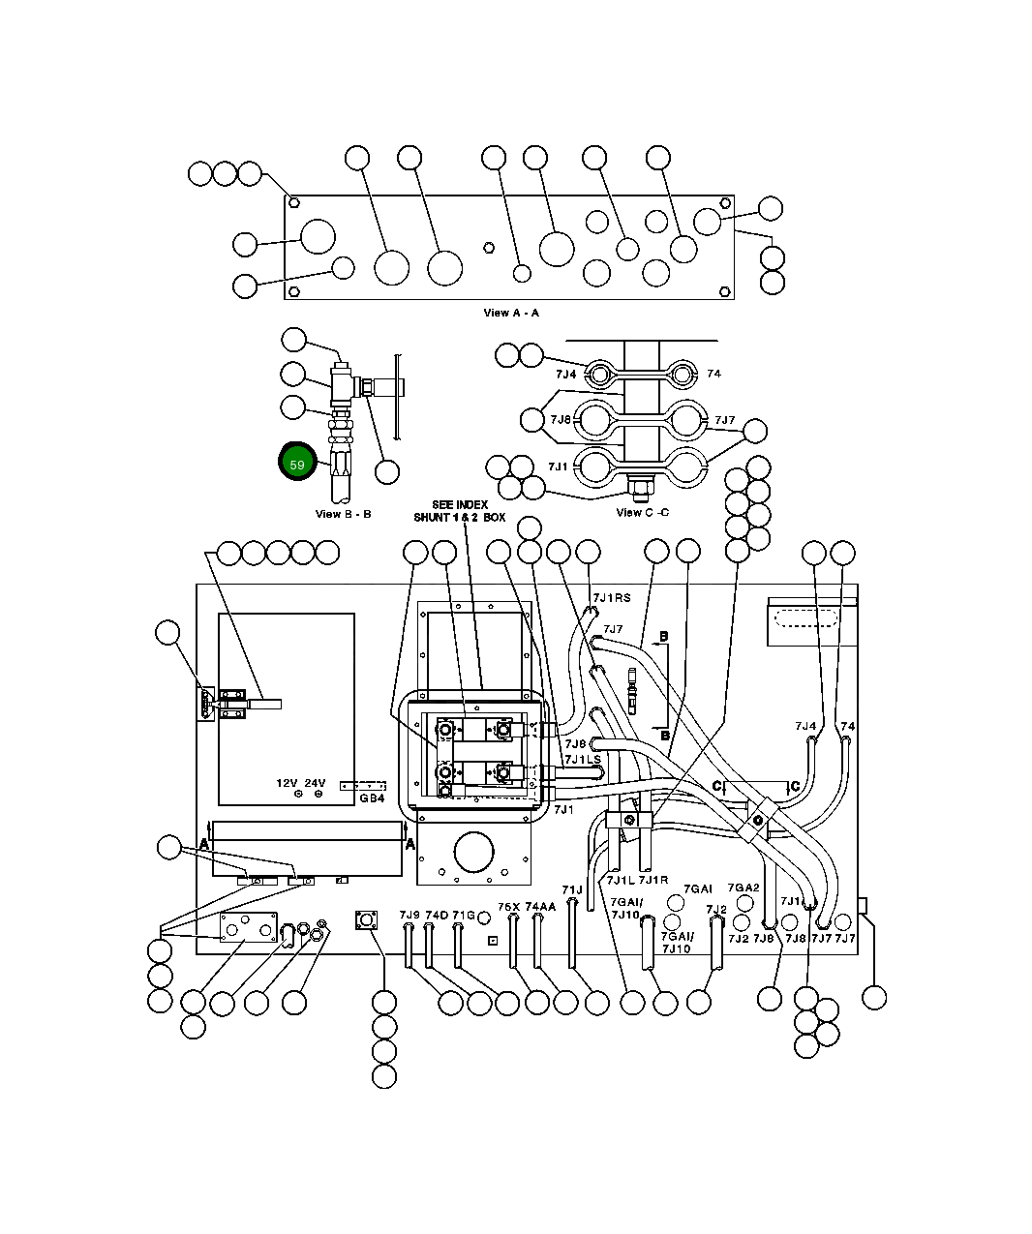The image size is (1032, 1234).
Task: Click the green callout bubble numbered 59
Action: click(x=297, y=465)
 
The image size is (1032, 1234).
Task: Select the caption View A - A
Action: click(x=511, y=313)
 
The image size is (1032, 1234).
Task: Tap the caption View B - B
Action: click(x=343, y=514)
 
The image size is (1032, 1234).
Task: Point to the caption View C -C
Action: click(x=642, y=512)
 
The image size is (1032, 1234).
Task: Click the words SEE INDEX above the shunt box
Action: click(x=460, y=505)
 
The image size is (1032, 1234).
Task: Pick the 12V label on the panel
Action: click(x=287, y=783)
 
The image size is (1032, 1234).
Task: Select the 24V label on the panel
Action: click(x=316, y=783)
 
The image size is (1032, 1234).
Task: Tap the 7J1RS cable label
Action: click(x=611, y=598)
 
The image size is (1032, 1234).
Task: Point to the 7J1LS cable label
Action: click(x=583, y=760)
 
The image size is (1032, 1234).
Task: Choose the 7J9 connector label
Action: click(x=410, y=915)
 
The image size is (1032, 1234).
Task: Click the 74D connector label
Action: click(x=437, y=915)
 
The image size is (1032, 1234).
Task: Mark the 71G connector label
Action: click(x=464, y=915)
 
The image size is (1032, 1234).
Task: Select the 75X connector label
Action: click(x=509, y=907)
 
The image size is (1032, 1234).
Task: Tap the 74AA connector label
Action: click(x=540, y=907)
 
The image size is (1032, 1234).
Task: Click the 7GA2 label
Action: click(x=744, y=888)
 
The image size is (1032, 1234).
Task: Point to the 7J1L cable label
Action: click(x=620, y=880)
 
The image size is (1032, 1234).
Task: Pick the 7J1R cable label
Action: click(x=653, y=880)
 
